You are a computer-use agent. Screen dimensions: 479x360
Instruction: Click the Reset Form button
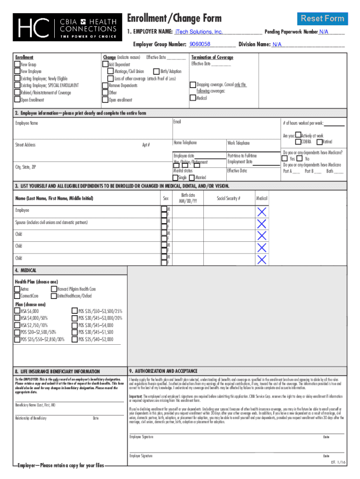pyautogui.click(x=322, y=19)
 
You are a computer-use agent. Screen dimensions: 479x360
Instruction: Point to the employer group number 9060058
pyautogui.click(x=200, y=44)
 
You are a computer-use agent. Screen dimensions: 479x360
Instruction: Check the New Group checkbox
pyautogui.click(x=17, y=65)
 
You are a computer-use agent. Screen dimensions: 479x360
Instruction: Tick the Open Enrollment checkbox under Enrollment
pyautogui.click(x=17, y=100)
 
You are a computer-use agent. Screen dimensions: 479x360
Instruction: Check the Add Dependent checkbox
pyautogui.click(x=105, y=65)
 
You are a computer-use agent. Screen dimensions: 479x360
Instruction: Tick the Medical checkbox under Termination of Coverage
pyautogui.click(x=193, y=98)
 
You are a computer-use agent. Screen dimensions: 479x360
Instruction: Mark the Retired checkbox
pyautogui.click(x=319, y=142)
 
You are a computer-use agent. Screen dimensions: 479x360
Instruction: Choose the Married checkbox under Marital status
pyautogui.click(x=192, y=178)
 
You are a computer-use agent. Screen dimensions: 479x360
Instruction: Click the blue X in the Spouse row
pyautogui.click(x=262, y=224)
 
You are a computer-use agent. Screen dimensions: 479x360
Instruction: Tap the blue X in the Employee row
pyautogui.click(x=262, y=212)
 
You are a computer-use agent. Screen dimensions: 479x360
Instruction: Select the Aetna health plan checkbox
pyautogui.click(x=17, y=289)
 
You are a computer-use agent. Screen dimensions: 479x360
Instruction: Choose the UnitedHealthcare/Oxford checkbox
pyautogui.click(x=54, y=296)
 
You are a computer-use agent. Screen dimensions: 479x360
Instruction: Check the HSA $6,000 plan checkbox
pyautogui.click(x=17, y=311)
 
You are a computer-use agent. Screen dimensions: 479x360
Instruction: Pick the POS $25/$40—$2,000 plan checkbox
pyautogui.click(x=74, y=339)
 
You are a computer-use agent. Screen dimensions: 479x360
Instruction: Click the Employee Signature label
pyautogui.click(x=141, y=437)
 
